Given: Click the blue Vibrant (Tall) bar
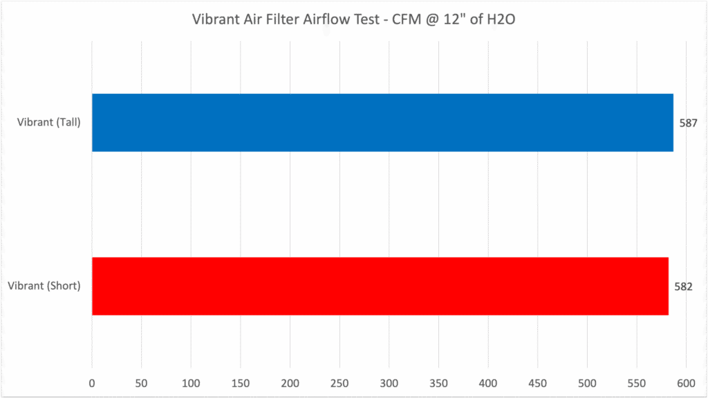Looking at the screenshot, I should coord(382,123).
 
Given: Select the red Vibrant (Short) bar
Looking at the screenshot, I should coord(380,286).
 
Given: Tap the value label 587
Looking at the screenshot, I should coord(687,123).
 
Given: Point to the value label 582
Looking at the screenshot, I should coord(684,286).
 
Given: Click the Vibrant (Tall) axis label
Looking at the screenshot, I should coord(49,123).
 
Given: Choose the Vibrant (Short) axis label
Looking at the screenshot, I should coord(44,286).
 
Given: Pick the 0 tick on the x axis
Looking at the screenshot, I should coord(92,382).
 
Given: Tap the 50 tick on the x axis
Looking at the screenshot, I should coord(141,382).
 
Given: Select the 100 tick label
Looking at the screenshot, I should coord(191,382).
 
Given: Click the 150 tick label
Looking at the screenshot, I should coord(241,382).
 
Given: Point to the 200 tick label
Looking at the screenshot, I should coord(290,382).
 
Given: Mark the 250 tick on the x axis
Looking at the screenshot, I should coord(339,382).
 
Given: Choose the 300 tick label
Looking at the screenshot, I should coord(389,382).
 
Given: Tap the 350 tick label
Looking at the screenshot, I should coord(438,382).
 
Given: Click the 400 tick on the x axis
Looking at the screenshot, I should coord(488,382).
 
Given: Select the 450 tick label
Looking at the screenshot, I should coord(538,382).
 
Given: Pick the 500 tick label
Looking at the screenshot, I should coord(587,382).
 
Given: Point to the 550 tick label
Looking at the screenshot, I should coord(637,382).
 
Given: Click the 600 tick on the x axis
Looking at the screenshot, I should coord(686,382).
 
